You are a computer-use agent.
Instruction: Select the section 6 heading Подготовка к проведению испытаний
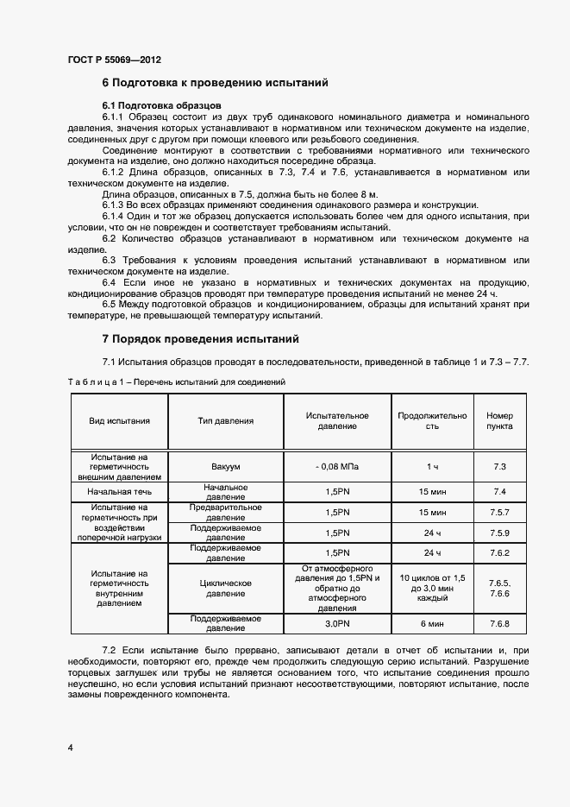click(x=216, y=84)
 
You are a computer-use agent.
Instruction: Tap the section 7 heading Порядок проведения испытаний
click(x=200, y=339)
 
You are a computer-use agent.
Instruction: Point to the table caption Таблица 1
click(x=177, y=381)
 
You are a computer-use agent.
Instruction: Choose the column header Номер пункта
click(x=499, y=421)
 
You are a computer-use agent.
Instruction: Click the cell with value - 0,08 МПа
click(x=337, y=466)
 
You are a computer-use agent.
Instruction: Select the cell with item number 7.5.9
click(x=499, y=533)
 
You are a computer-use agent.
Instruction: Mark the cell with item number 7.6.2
click(x=499, y=552)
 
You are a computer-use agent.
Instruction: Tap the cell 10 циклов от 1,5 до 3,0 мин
click(x=432, y=588)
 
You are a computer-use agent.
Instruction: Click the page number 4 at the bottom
click(x=70, y=747)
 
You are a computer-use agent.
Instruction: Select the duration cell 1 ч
click(x=432, y=466)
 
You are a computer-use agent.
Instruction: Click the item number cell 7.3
click(x=499, y=466)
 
